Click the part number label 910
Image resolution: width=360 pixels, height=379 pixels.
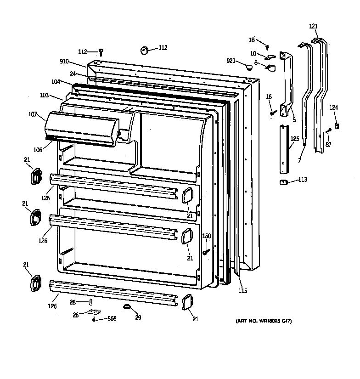tap(65, 61)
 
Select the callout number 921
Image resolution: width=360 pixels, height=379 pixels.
tap(231, 61)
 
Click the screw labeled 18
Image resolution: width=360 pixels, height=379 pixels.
tap(267, 47)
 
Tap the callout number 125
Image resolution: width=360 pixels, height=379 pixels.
tap(295, 138)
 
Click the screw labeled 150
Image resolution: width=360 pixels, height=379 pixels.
tap(206, 251)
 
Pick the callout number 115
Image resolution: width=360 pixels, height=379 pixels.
tap(242, 290)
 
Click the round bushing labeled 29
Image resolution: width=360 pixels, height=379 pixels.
tap(126, 306)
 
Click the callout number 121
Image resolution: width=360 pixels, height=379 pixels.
tap(313, 26)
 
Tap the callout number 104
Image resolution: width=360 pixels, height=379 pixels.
tap(56, 82)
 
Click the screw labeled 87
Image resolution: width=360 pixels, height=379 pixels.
tap(329, 132)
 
